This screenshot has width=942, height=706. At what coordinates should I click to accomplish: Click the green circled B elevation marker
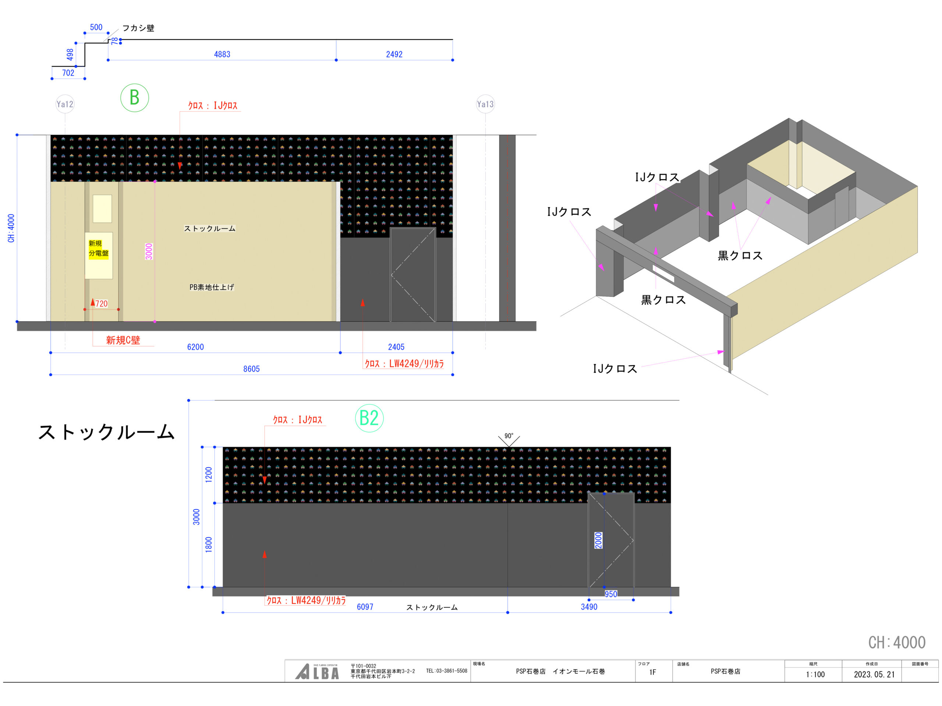135,98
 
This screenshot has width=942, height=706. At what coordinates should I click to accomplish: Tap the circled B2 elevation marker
369,418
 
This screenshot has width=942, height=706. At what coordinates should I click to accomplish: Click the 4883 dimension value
222,54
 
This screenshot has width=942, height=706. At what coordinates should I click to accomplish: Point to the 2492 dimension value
394,54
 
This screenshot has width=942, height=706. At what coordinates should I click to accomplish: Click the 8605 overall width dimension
251,369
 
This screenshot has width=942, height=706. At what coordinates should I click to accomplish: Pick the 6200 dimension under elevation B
195,347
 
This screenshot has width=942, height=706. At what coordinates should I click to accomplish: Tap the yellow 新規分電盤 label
98,249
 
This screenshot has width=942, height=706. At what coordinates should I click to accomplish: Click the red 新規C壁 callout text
123,340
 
